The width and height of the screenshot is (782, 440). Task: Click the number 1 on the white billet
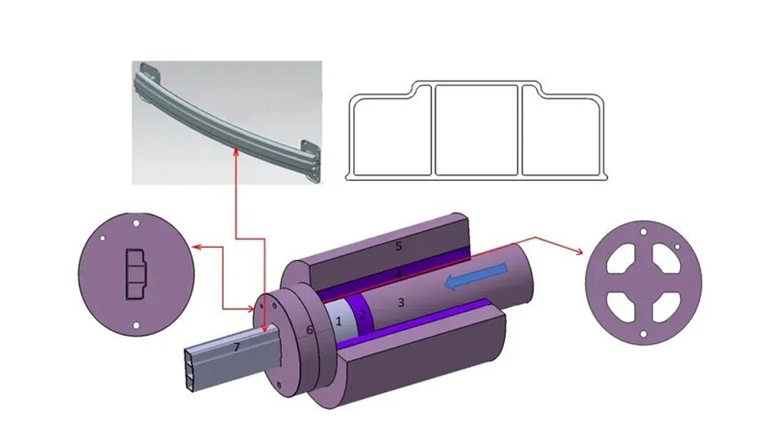338,322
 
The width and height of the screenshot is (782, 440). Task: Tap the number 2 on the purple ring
363,315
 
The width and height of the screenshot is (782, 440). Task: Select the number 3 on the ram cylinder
400,302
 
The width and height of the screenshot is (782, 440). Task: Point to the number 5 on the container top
398,245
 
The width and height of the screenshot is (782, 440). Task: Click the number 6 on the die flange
310,329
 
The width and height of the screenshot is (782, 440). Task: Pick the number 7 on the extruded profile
237,348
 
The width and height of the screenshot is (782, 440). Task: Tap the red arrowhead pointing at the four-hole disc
581,253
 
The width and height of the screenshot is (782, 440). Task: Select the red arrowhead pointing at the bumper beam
236,151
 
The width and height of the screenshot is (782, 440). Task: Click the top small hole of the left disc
136,222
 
